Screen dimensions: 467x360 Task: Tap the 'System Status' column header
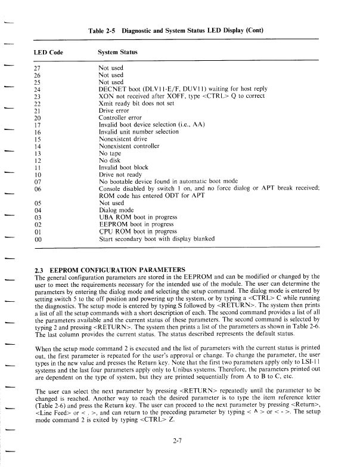coord(118,52)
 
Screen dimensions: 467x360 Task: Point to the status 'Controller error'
coord(120,117)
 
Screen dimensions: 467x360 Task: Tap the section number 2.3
coord(41,270)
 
